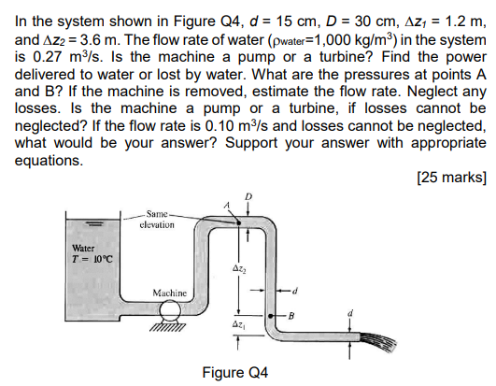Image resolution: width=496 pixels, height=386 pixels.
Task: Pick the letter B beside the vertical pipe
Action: pos(292,315)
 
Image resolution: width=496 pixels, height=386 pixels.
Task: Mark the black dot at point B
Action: pos(276,315)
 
